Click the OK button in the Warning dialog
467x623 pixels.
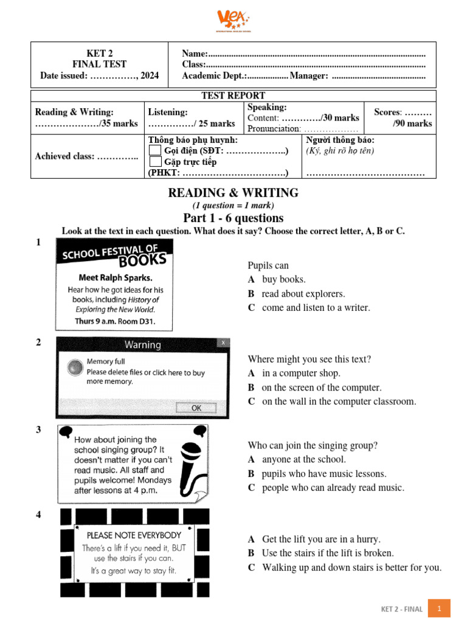click(196, 408)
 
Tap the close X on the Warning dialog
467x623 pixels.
click(224, 343)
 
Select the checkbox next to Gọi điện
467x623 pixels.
click(156, 151)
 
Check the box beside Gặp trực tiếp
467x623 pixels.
click(156, 162)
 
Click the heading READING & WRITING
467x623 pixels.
click(233, 193)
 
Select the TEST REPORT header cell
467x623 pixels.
click(233, 96)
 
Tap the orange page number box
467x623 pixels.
click(440, 608)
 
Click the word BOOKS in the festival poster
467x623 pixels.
click(142, 260)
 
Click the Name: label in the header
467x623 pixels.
click(195, 54)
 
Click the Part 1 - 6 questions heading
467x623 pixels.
click(233, 218)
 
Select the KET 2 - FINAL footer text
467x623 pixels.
click(401, 608)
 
